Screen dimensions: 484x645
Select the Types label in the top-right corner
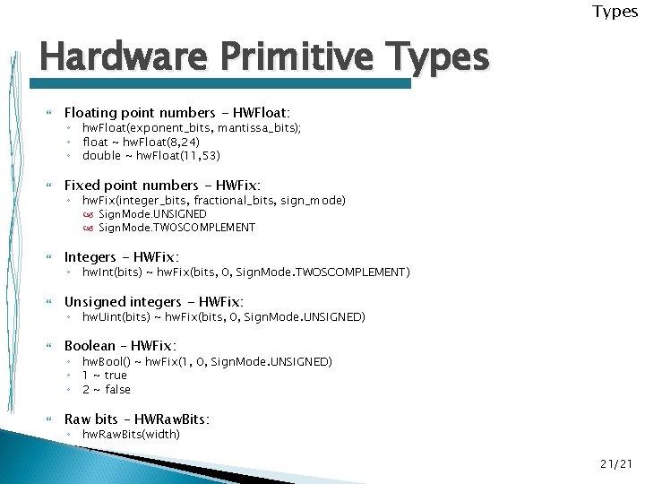tap(615, 12)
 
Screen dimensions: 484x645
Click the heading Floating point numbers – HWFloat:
tap(177, 112)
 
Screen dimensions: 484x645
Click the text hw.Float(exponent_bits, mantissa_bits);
tap(192, 129)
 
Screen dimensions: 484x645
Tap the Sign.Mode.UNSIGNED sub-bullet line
tap(152, 214)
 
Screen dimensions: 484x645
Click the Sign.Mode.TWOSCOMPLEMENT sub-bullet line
tap(176, 228)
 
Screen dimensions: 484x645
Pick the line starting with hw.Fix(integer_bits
tap(214, 201)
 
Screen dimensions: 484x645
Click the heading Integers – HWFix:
tap(116, 257)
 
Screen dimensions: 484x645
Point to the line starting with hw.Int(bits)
tap(246, 272)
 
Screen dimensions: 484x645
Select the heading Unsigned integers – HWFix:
tap(154, 302)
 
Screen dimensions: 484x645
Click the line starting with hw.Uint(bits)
tap(224, 317)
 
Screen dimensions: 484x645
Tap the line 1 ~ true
tap(105, 376)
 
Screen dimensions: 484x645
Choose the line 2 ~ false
tap(107, 389)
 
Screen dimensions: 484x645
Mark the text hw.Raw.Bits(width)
tap(131, 435)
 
